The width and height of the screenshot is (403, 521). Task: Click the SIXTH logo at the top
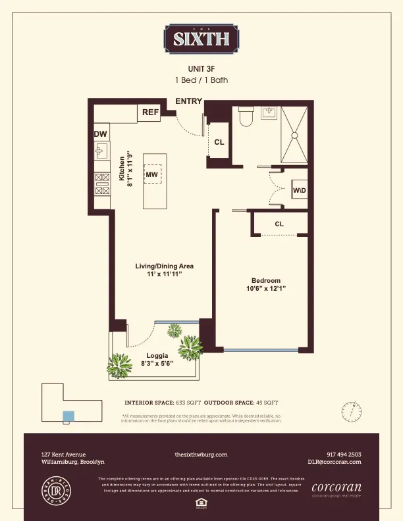(x=201, y=39)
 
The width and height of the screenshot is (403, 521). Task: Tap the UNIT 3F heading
(x=201, y=68)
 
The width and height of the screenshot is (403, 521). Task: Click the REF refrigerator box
(x=150, y=112)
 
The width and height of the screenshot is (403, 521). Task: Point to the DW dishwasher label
(x=101, y=134)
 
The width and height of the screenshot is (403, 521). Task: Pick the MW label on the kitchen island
(x=152, y=174)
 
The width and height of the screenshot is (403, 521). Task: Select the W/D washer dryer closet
(x=299, y=190)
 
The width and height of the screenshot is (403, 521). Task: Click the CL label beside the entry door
(x=219, y=141)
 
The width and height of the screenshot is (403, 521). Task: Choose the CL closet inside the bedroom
(x=279, y=224)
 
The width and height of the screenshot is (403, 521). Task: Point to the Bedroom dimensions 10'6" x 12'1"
(x=266, y=288)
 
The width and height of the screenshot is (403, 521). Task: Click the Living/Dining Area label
(x=164, y=266)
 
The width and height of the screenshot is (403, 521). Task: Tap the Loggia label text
(x=157, y=356)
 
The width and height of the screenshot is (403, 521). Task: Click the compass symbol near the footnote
(x=352, y=412)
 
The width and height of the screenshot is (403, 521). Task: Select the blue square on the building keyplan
(x=68, y=416)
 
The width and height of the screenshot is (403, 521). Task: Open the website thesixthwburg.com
(x=201, y=455)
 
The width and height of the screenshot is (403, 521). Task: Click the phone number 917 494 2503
(x=344, y=455)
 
